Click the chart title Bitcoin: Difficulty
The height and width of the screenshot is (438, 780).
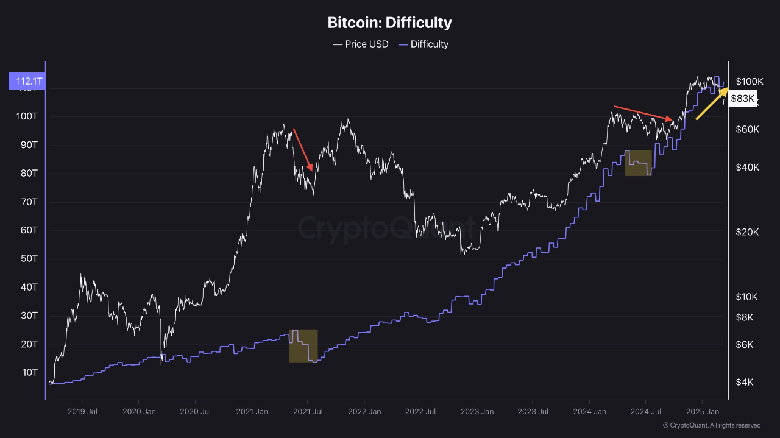(389, 23)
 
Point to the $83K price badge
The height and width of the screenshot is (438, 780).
(742, 98)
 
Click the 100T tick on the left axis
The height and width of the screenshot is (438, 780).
(27, 116)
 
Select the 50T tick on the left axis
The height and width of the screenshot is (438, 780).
(28, 258)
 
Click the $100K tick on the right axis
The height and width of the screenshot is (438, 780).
(749, 81)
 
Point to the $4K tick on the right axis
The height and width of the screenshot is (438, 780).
(745, 382)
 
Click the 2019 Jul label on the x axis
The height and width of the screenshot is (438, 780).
(82, 412)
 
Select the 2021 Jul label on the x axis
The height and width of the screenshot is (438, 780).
(308, 412)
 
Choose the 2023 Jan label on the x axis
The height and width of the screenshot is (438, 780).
(477, 412)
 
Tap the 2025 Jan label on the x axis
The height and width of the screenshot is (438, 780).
(703, 412)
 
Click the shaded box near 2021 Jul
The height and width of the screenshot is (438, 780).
(303, 346)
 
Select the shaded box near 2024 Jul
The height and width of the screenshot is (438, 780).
(638, 163)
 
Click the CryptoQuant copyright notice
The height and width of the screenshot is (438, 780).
(711, 425)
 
